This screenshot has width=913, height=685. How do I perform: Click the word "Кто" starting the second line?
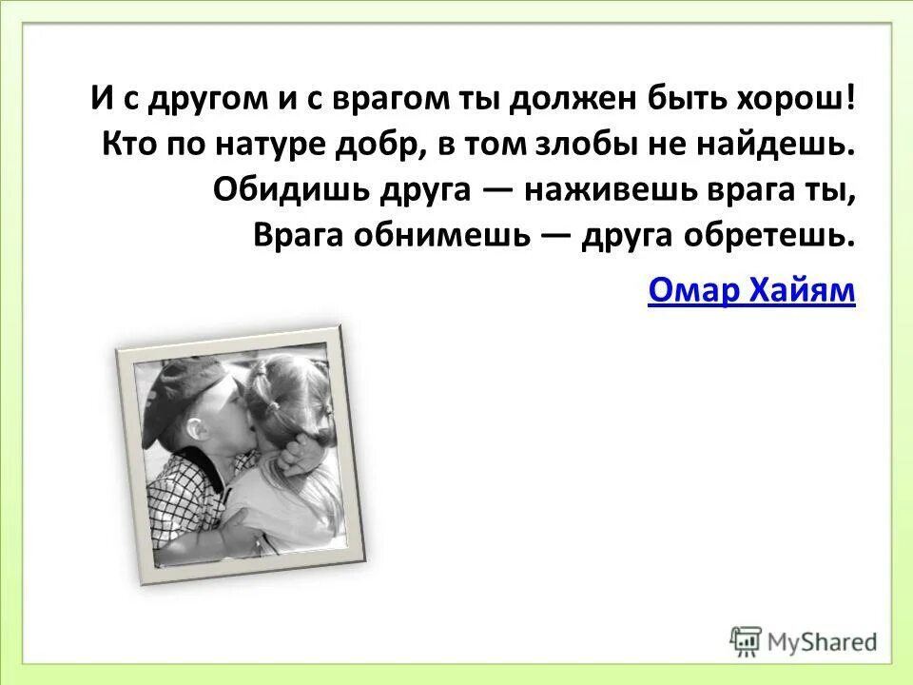130,145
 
